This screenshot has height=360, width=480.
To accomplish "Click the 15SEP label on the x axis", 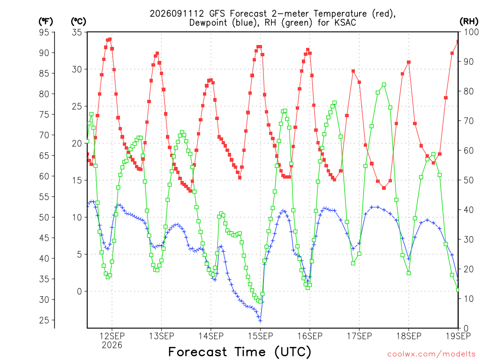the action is click(x=260, y=336).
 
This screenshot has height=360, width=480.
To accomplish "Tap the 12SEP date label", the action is click(x=112, y=336).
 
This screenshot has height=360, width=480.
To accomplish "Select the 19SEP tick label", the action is click(x=458, y=336).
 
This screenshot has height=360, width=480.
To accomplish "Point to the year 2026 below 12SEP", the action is click(x=112, y=345).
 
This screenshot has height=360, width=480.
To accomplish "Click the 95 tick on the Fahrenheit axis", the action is click(x=44, y=32).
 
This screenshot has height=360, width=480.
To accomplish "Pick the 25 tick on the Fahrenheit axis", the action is click(x=44, y=320).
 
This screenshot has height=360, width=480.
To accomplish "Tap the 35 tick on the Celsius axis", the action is click(x=77, y=32).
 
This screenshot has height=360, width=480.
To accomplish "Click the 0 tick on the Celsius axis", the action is click(x=80, y=292).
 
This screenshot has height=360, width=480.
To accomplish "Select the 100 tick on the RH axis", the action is click(x=472, y=32).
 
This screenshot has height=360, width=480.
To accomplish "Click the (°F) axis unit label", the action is click(x=45, y=22).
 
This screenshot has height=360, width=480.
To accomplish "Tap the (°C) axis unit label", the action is click(x=78, y=22).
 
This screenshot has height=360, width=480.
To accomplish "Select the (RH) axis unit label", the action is click(x=469, y=21).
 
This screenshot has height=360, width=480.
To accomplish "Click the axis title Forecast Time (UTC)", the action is click(x=240, y=352).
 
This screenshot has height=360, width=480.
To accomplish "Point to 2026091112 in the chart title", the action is click(x=177, y=14).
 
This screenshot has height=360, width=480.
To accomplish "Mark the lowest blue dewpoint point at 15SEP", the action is click(x=260, y=321).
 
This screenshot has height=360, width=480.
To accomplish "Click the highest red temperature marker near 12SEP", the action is click(x=110, y=39).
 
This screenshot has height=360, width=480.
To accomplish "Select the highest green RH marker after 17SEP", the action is click(x=384, y=84).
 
